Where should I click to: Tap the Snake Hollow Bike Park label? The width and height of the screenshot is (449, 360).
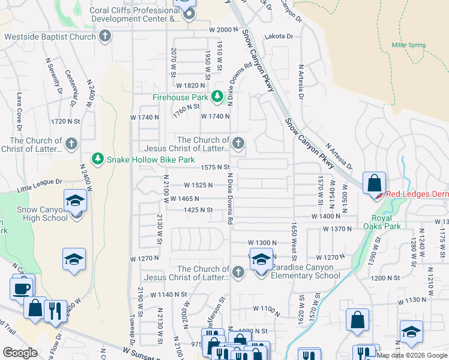click(x=150, y=160)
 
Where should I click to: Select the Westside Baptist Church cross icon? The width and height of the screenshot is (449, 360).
click(x=105, y=37)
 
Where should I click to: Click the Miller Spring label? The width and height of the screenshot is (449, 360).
click(x=408, y=45)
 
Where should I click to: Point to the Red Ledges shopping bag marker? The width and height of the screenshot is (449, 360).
click(x=374, y=183)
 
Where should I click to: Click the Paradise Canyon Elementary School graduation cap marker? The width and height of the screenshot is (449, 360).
click(x=261, y=260)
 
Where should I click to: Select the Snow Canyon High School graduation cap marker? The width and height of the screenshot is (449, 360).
click(x=76, y=200)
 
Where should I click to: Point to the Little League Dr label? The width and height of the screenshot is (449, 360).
click(x=40, y=181)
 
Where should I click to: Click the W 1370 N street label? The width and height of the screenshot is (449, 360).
click(x=337, y=229)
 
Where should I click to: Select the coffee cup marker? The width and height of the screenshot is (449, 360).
click(x=22, y=287)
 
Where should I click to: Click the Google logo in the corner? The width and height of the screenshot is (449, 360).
click(x=20, y=353)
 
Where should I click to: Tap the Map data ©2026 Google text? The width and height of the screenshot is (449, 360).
click(x=412, y=355)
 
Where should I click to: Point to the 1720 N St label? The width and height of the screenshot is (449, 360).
click(x=65, y=121)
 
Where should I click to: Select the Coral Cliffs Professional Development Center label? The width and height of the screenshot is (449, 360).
click(x=135, y=14)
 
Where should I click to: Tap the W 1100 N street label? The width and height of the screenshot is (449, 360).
click(x=267, y=308)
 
